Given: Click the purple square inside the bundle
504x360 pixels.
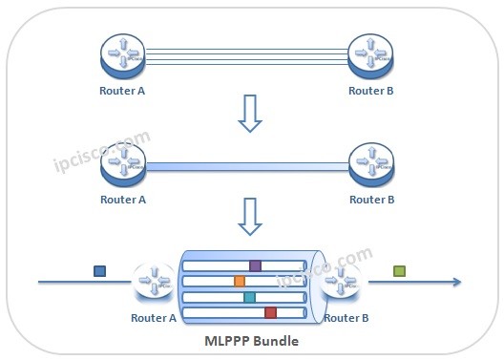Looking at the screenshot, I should [255, 265].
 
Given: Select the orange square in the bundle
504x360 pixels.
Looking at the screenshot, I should [240, 281].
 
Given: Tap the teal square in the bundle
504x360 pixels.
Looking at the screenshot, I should [249, 297].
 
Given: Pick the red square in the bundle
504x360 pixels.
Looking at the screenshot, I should [270, 312].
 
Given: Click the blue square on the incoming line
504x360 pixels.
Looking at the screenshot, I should [99, 271].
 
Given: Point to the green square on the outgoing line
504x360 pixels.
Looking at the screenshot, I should [399, 271].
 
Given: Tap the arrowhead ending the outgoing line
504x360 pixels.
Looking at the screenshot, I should [457, 282].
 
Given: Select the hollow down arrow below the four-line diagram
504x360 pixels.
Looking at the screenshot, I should [249, 112].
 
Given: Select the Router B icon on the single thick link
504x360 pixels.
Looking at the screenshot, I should [371, 164].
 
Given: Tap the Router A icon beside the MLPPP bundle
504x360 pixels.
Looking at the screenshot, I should [153, 282].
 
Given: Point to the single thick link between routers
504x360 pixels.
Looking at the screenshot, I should [247, 165].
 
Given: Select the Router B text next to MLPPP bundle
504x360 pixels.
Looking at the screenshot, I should [347, 318].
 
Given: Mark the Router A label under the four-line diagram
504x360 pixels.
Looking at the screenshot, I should [123, 92].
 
